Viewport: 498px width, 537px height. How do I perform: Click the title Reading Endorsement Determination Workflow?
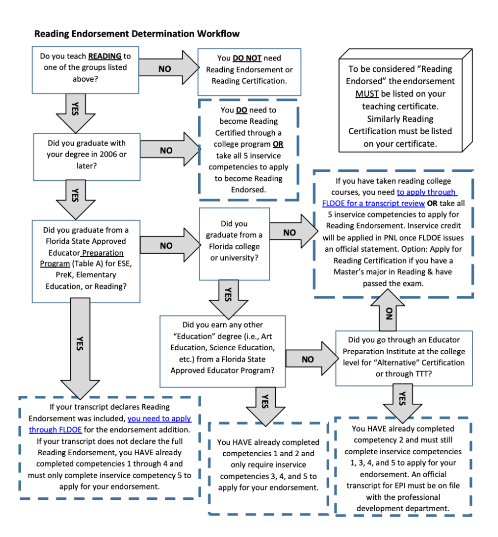click(137, 34)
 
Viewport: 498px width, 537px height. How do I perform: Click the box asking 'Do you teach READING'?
click(85, 70)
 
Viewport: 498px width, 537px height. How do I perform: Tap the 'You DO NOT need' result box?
click(249, 72)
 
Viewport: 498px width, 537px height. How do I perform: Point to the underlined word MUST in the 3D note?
click(367, 94)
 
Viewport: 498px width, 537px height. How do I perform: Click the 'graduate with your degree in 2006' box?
click(87, 157)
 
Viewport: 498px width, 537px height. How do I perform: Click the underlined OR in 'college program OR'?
click(278, 144)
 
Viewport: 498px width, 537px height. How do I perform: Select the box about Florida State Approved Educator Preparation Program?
click(86, 261)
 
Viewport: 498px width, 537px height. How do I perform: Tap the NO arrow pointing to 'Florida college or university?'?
click(170, 245)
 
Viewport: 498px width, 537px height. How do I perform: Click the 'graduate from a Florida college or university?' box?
click(235, 244)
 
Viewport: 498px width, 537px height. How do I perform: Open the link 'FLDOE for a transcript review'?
click(373, 204)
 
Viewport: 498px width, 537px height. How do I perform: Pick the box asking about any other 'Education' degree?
click(222, 351)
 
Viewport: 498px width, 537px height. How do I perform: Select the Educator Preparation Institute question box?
click(404, 358)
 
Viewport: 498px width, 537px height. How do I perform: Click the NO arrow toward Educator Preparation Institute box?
click(312, 359)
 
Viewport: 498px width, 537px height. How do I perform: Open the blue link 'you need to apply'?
click(159, 419)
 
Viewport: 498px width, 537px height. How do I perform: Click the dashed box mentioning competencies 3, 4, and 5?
click(268, 468)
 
